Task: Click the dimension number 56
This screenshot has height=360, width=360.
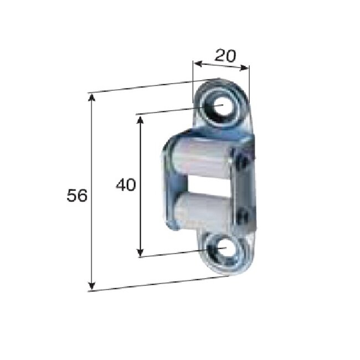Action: point(77,196)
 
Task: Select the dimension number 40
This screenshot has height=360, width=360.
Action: point(126,184)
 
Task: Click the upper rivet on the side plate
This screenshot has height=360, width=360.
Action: point(241,162)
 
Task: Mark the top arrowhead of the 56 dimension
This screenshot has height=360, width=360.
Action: point(92,98)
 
